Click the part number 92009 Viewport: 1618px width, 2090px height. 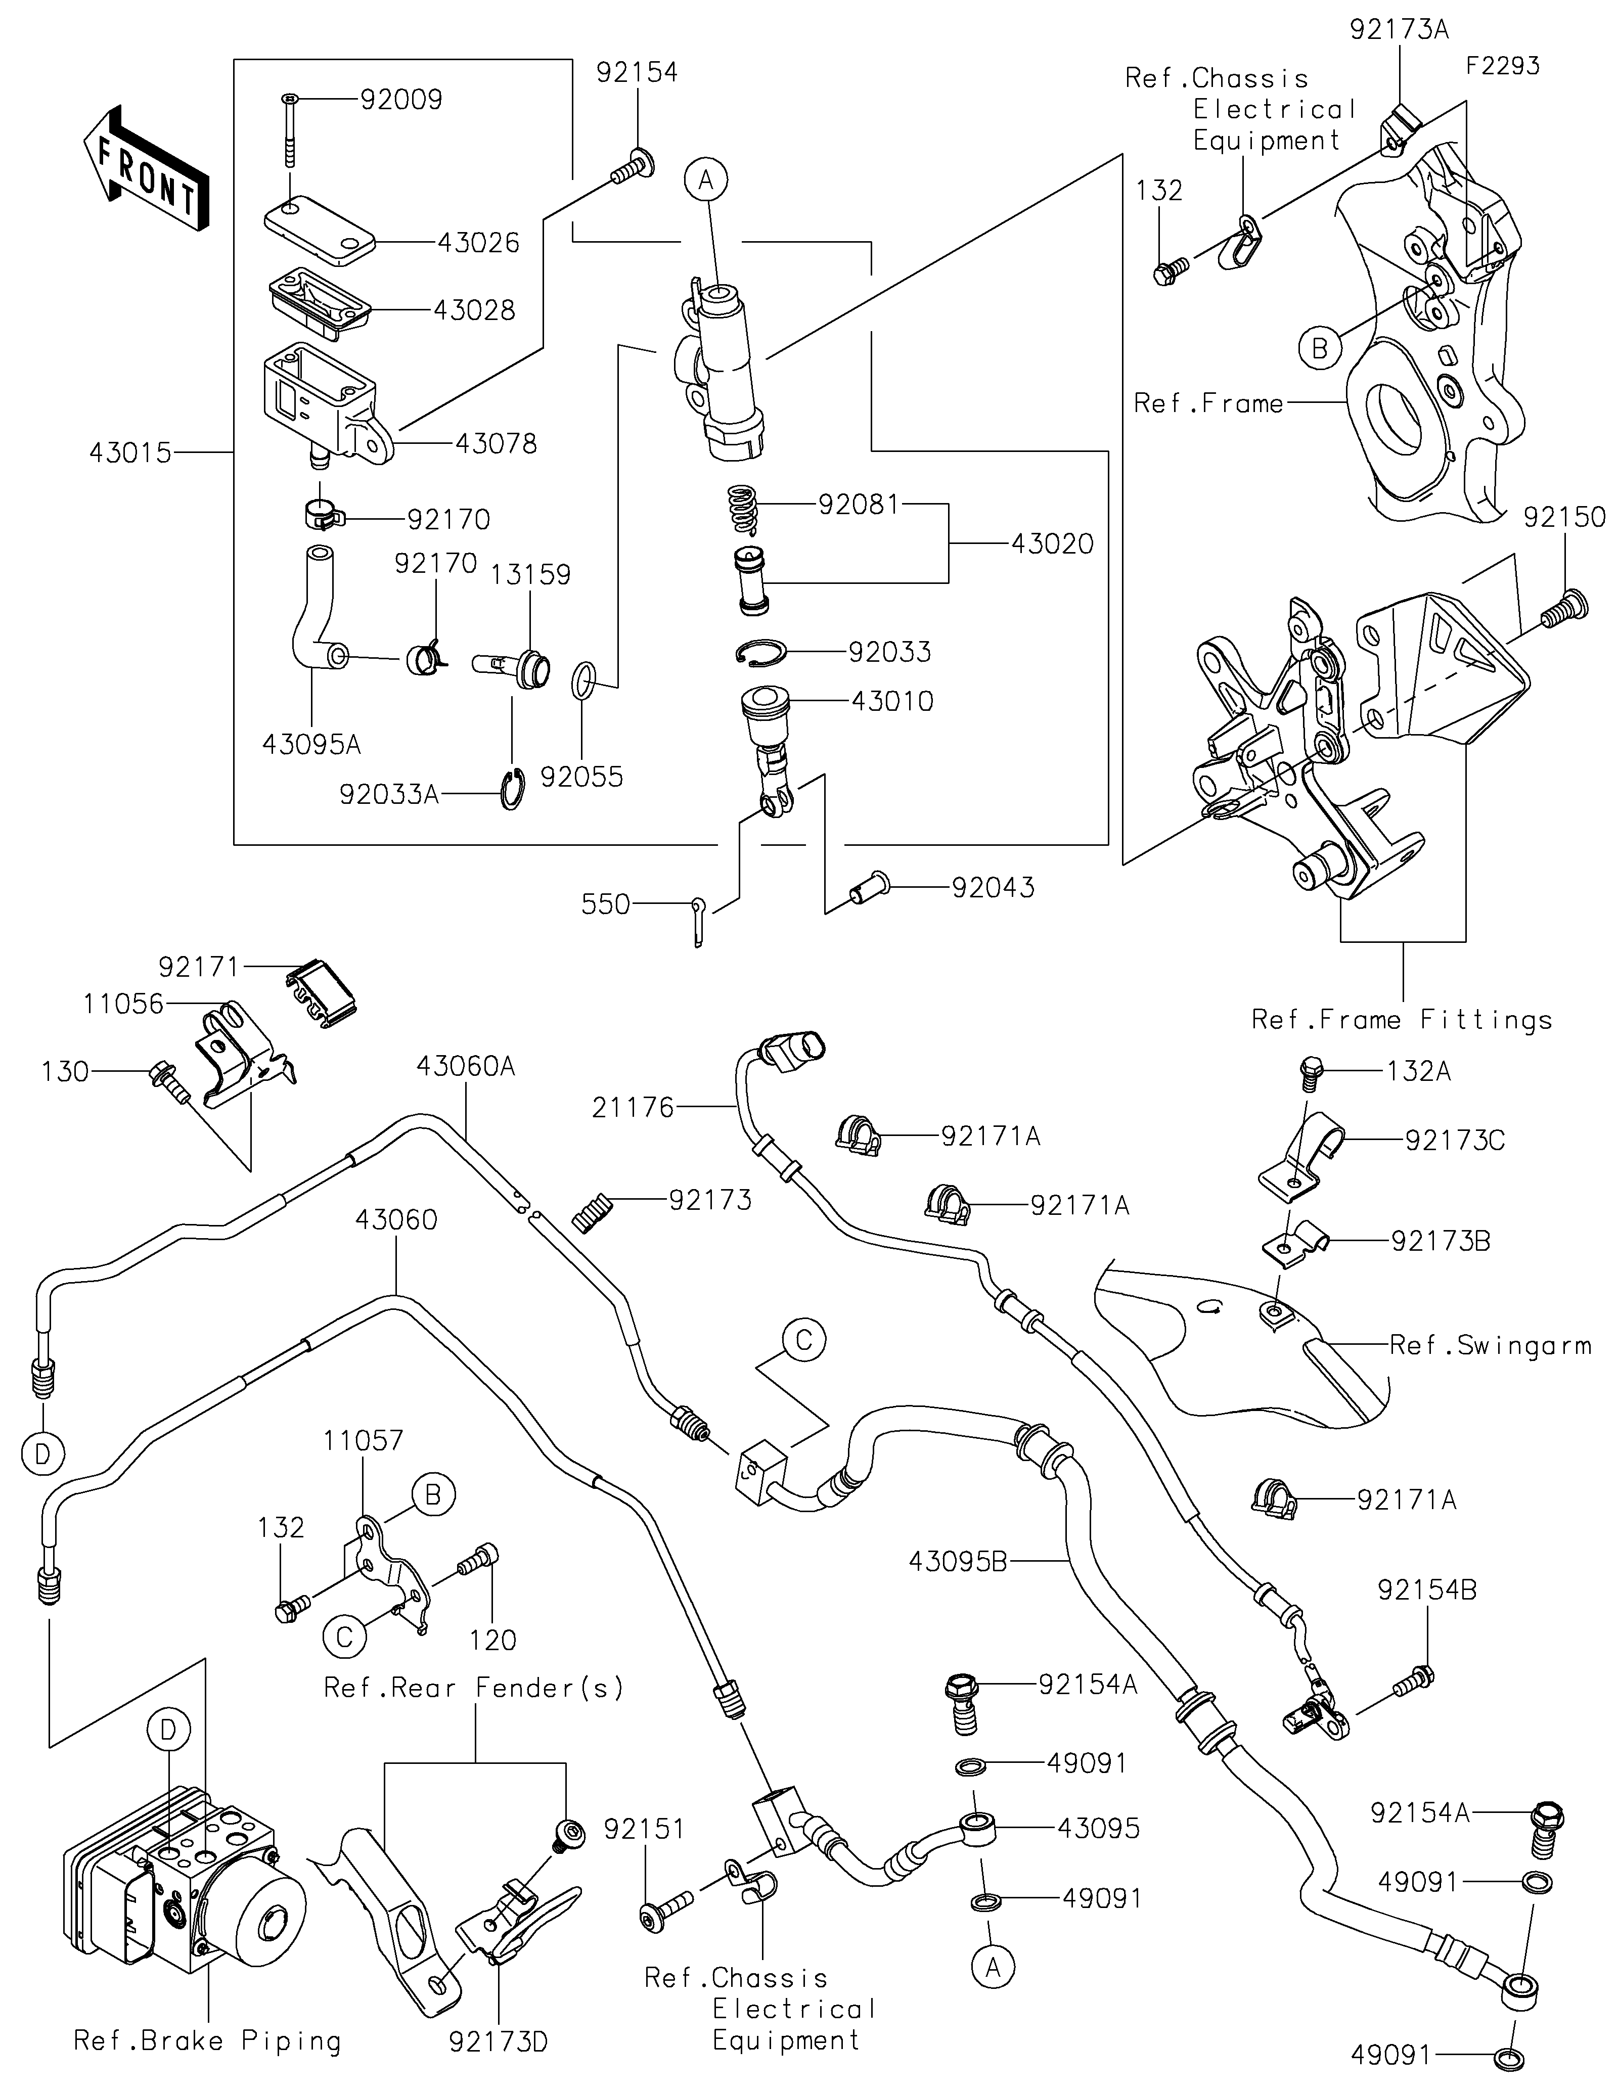401,100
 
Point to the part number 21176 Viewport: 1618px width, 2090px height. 633,1107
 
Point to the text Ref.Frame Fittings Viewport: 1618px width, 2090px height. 1401,1020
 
